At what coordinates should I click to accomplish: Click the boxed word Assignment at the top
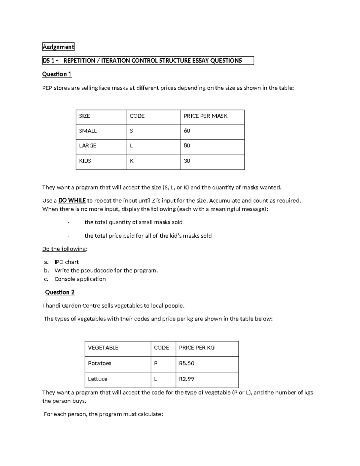point(58,47)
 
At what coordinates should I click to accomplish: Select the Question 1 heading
point(57,74)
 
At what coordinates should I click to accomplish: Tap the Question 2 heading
point(60,292)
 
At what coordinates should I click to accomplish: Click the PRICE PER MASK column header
point(205,116)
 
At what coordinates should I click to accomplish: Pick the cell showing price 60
point(187,131)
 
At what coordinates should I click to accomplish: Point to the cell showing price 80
point(187,146)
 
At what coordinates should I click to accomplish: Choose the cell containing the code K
point(131,161)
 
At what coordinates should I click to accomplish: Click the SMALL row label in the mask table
point(88,131)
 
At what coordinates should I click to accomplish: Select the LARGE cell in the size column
point(88,146)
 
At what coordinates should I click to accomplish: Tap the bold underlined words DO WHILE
point(72,200)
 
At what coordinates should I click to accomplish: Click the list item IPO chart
point(66,262)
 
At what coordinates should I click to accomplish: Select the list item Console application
point(80,279)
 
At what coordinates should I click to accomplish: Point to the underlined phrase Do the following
point(64,249)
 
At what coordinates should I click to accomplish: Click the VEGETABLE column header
point(103,348)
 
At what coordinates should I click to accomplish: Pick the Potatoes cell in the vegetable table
point(99,363)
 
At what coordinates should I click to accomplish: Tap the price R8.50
point(187,363)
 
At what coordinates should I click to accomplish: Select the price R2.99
point(187,379)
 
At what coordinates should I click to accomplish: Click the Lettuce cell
point(97,379)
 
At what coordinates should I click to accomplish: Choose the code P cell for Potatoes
point(155,363)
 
